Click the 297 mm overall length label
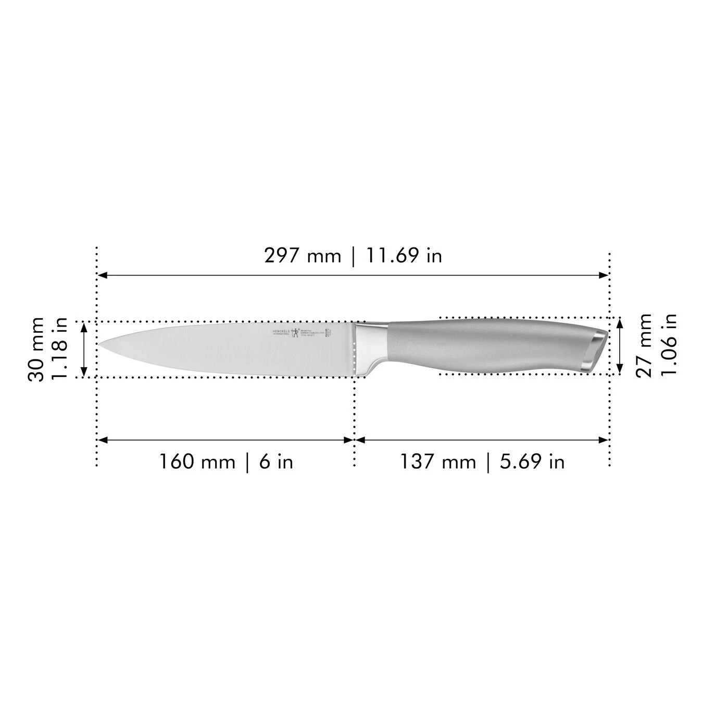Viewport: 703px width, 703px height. coord(302,256)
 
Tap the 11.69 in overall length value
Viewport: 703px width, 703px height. coord(404,256)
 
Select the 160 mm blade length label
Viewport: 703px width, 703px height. coord(197,461)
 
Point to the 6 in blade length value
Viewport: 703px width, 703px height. coord(276,461)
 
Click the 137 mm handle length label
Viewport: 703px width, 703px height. coord(437,461)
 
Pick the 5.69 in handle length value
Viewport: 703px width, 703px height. coord(532,461)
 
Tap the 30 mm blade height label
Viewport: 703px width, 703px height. coord(36,349)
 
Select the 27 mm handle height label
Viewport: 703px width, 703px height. coord(644,345)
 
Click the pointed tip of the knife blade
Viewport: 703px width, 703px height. coord(101,344)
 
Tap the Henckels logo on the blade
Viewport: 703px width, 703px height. coord(295,334)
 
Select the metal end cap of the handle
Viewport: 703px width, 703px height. coord(595,350)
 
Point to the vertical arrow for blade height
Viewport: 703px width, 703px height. coord(83,349)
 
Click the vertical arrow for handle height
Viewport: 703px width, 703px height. coord(620,345)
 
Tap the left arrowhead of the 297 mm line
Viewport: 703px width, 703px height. coord(102,275)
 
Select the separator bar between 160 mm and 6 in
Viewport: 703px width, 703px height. coord(247,461)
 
